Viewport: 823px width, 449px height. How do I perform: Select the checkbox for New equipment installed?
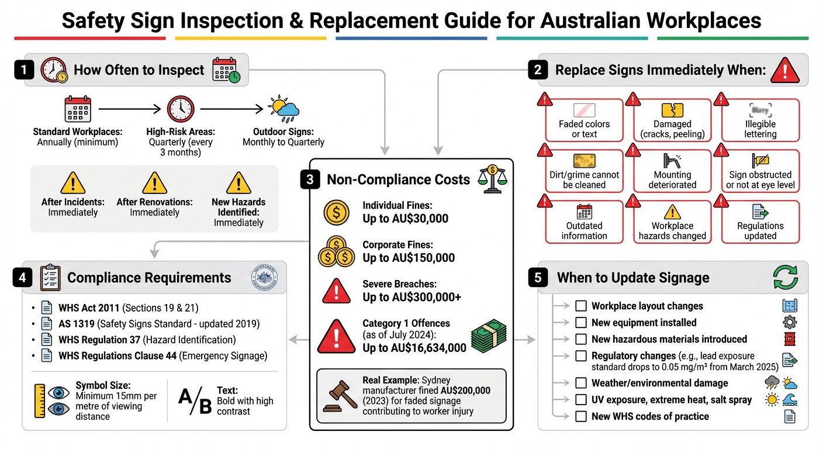pos(581,323)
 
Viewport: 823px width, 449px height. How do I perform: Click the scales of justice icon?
pos(491,178)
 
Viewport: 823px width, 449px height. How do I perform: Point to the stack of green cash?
pos(489,337)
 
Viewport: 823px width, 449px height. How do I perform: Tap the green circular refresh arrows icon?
pos(785,277)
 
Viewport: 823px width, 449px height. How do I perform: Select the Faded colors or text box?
pos(584,120)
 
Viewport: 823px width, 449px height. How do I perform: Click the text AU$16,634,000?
pos(414,348)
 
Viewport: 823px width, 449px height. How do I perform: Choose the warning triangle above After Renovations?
pos(154,183)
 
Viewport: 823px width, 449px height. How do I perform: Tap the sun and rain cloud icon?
pos(283,109)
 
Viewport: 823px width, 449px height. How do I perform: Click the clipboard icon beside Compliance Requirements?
pos(50,278)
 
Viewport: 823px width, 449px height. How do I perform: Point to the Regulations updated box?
pos(760,222)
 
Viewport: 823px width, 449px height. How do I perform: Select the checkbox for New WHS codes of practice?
pos(581,416)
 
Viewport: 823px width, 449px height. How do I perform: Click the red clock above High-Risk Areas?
pos(181,109)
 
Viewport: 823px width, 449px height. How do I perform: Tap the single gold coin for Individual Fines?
pos(336,213)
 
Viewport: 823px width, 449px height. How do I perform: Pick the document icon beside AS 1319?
pos(47,324)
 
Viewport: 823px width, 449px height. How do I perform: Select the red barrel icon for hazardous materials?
pos(789,339)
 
